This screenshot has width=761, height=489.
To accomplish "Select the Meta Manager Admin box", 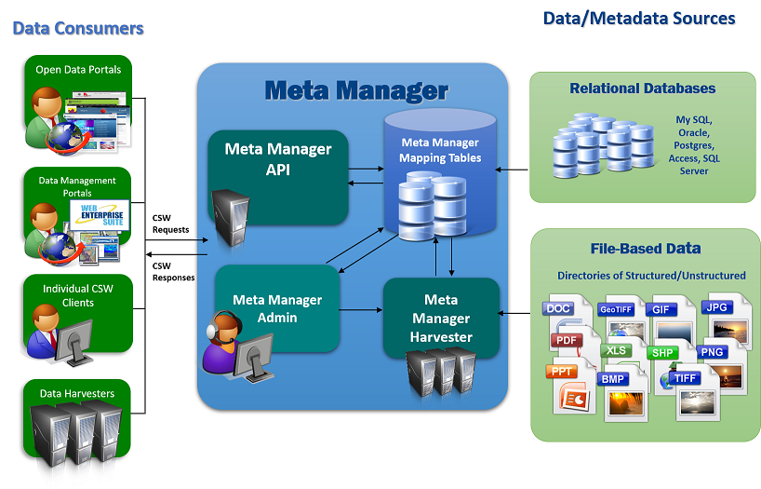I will point(277,308).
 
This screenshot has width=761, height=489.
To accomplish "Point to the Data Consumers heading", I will point(78,28).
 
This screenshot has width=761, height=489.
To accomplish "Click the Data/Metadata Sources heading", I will point(638,19).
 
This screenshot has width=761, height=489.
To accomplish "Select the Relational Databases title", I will point(643,88).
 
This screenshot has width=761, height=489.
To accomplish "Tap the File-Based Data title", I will point(645,249).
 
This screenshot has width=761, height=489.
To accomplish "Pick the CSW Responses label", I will point(173,271).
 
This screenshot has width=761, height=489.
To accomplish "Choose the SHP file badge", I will point(663,353).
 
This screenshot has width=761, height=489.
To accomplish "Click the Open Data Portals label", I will point(78,70).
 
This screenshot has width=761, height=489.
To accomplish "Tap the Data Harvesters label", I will point(77,393).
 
